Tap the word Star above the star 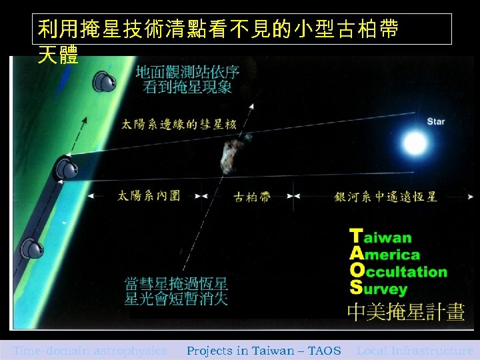(435, 121)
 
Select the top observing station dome (105, 83)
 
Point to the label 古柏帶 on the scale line (253, 197)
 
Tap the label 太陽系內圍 (149, 196)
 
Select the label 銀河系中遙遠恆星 (386, 197)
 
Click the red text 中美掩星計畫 (405, 312)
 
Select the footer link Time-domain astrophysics (90, 351)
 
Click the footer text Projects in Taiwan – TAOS (263, 351)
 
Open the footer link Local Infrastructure (415, 351)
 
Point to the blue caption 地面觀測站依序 (187, 72)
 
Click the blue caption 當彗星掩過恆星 (177, 283)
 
